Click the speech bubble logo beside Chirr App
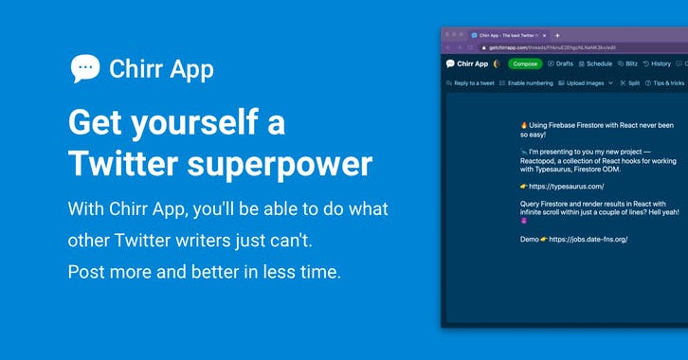pos(85,68)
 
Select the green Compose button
pos(525,63)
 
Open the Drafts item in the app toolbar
pos(560,63)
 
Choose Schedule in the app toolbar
pos(594,63)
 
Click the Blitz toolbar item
pos(627,63)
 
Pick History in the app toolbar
pos(657,63)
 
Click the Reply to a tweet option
pos(470,83)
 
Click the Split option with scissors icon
pos(629,83)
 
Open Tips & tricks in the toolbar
pos(665,83)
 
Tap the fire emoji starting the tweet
pos(524,125)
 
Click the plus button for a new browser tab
pos(557,35)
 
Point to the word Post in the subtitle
pos(87,272)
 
